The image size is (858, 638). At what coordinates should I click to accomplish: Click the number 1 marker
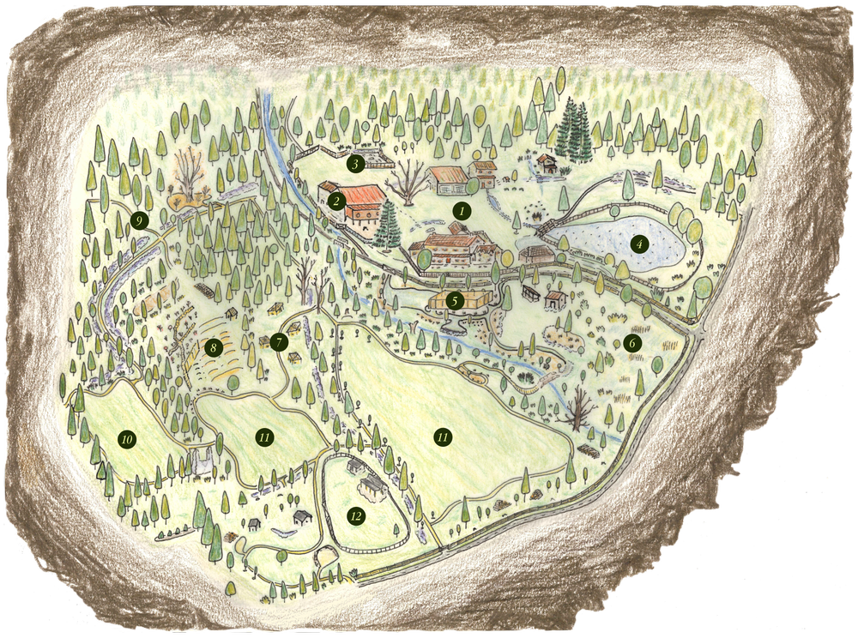(462, 209)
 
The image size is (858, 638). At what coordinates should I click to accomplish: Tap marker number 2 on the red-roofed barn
(336, 202)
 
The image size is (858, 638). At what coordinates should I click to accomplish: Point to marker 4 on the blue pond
(638, 244)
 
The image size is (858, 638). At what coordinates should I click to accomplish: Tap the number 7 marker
(278, 341)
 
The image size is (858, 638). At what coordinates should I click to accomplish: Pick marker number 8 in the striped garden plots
(213, 347)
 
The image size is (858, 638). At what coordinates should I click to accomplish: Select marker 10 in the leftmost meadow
(127, 439)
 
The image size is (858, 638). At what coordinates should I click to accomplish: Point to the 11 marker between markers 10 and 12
(264, 436)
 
